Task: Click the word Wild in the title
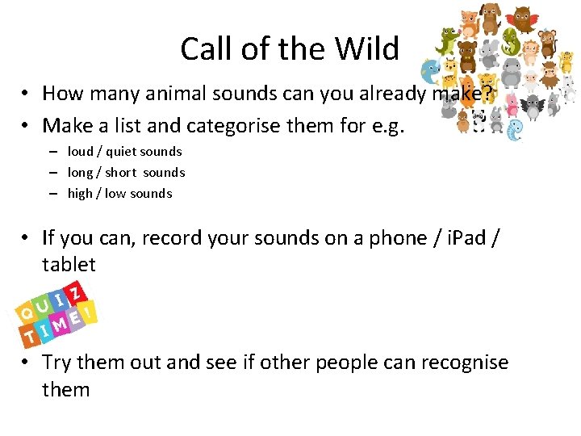368,49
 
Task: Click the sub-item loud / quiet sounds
124,151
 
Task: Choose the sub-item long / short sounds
126,172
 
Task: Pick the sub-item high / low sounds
119,193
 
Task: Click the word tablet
69,264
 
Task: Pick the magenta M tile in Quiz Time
59,325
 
